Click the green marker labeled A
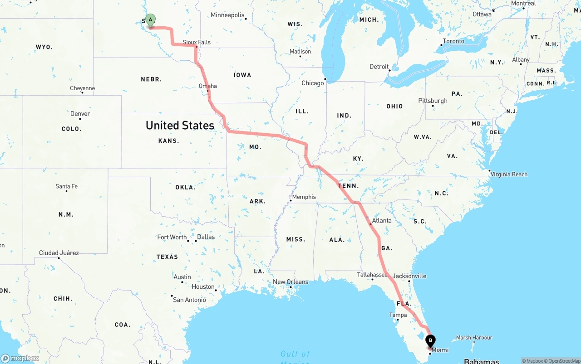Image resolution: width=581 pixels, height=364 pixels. (150, 20)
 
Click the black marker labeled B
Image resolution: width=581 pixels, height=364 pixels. (430, 341)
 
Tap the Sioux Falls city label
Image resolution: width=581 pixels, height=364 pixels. (197, 42)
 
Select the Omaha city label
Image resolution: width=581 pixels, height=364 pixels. (208, 86)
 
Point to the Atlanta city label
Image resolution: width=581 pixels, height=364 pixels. (382, 220)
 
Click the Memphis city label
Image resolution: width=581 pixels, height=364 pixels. (304, 197)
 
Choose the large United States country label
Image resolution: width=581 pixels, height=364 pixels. (180, 125)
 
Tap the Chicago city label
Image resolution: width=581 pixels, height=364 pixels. (313, 83)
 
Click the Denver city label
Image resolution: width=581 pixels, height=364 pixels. (80, 114)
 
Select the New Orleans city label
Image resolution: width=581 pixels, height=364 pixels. (290, 281)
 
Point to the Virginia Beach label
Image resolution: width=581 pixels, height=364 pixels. (509, 174)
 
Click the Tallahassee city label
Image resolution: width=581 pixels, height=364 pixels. (372, 275)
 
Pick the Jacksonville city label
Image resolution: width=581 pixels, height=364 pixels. (409, 276)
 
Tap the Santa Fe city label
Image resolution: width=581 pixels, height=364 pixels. (66, 186)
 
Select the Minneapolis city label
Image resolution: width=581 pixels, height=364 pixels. (227, 15)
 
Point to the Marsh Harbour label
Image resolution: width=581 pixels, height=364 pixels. (474, 338)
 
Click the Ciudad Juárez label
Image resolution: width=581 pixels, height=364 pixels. (59, 253)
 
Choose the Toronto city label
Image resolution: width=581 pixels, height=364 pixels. (453, 41)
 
